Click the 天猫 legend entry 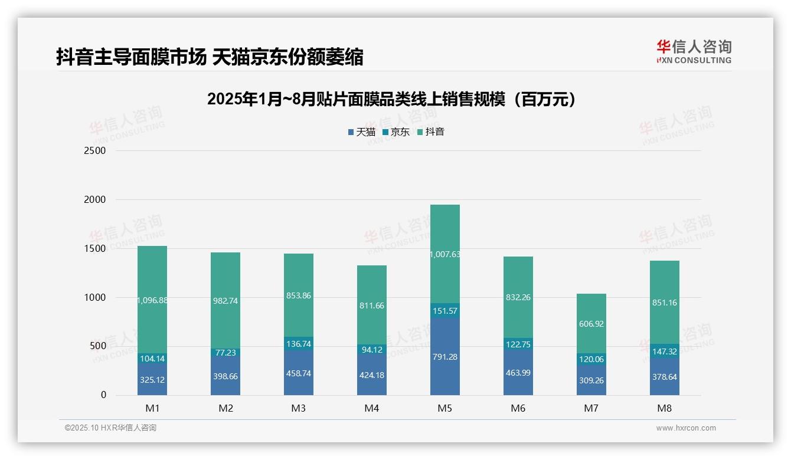pyautogui.click(x=362, y=132)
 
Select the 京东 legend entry pyautogui.click(x=396, y=132)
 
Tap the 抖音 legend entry pyautogui.click(x=430, y=132)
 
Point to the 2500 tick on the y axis pyautogui.click(x=94, y=151)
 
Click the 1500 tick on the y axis pyautogui.click(x=94, y=248)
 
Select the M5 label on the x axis pyautogui.click(x=445, y=408)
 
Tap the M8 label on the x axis pyautogui.click(x=665, y=408)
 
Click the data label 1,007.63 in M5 pyautogui.click(x=445, y=254)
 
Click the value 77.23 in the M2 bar pyautogui.click(x=225, y=353)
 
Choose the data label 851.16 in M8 pyautogui.click(x=665, y=303)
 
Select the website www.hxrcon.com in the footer pyautogui.click(x=686, y=428)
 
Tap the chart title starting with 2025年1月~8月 pyautogui.click(x=391, y=100)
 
